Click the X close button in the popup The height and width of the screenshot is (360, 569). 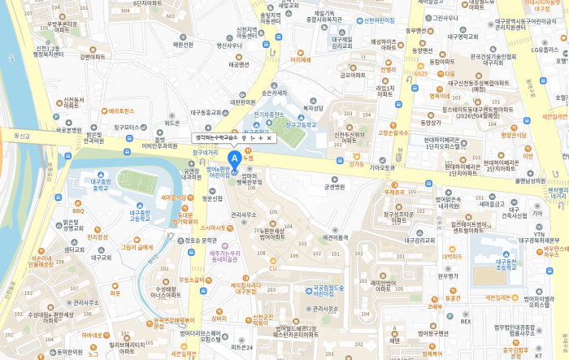pos(269,138)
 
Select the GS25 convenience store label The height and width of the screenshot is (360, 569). pos(420,74)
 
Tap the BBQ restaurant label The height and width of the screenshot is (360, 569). pos(78,210)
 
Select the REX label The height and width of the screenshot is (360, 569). pos(466,321)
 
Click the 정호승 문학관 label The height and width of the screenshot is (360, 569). pos(200,240)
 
